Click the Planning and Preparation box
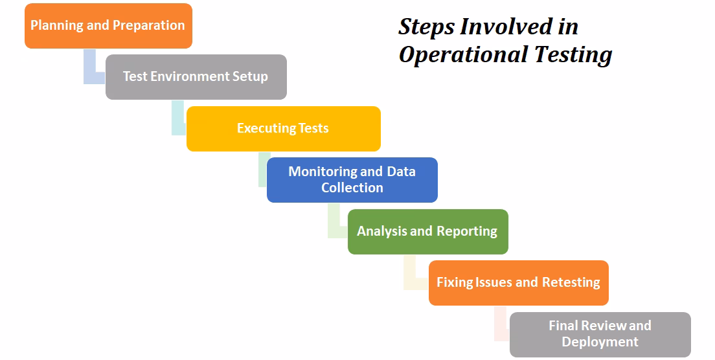coord(108,26)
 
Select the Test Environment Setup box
coord(196,77)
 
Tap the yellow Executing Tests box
coord(283,128)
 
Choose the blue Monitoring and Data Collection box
coord(352,180)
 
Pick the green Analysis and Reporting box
coord(427,231)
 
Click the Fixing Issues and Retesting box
coord(518,282)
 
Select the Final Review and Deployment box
coord(600,334)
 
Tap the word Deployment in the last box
coord(600,342)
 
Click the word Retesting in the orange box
coord(571,282)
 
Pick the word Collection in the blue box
coord(352,188)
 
